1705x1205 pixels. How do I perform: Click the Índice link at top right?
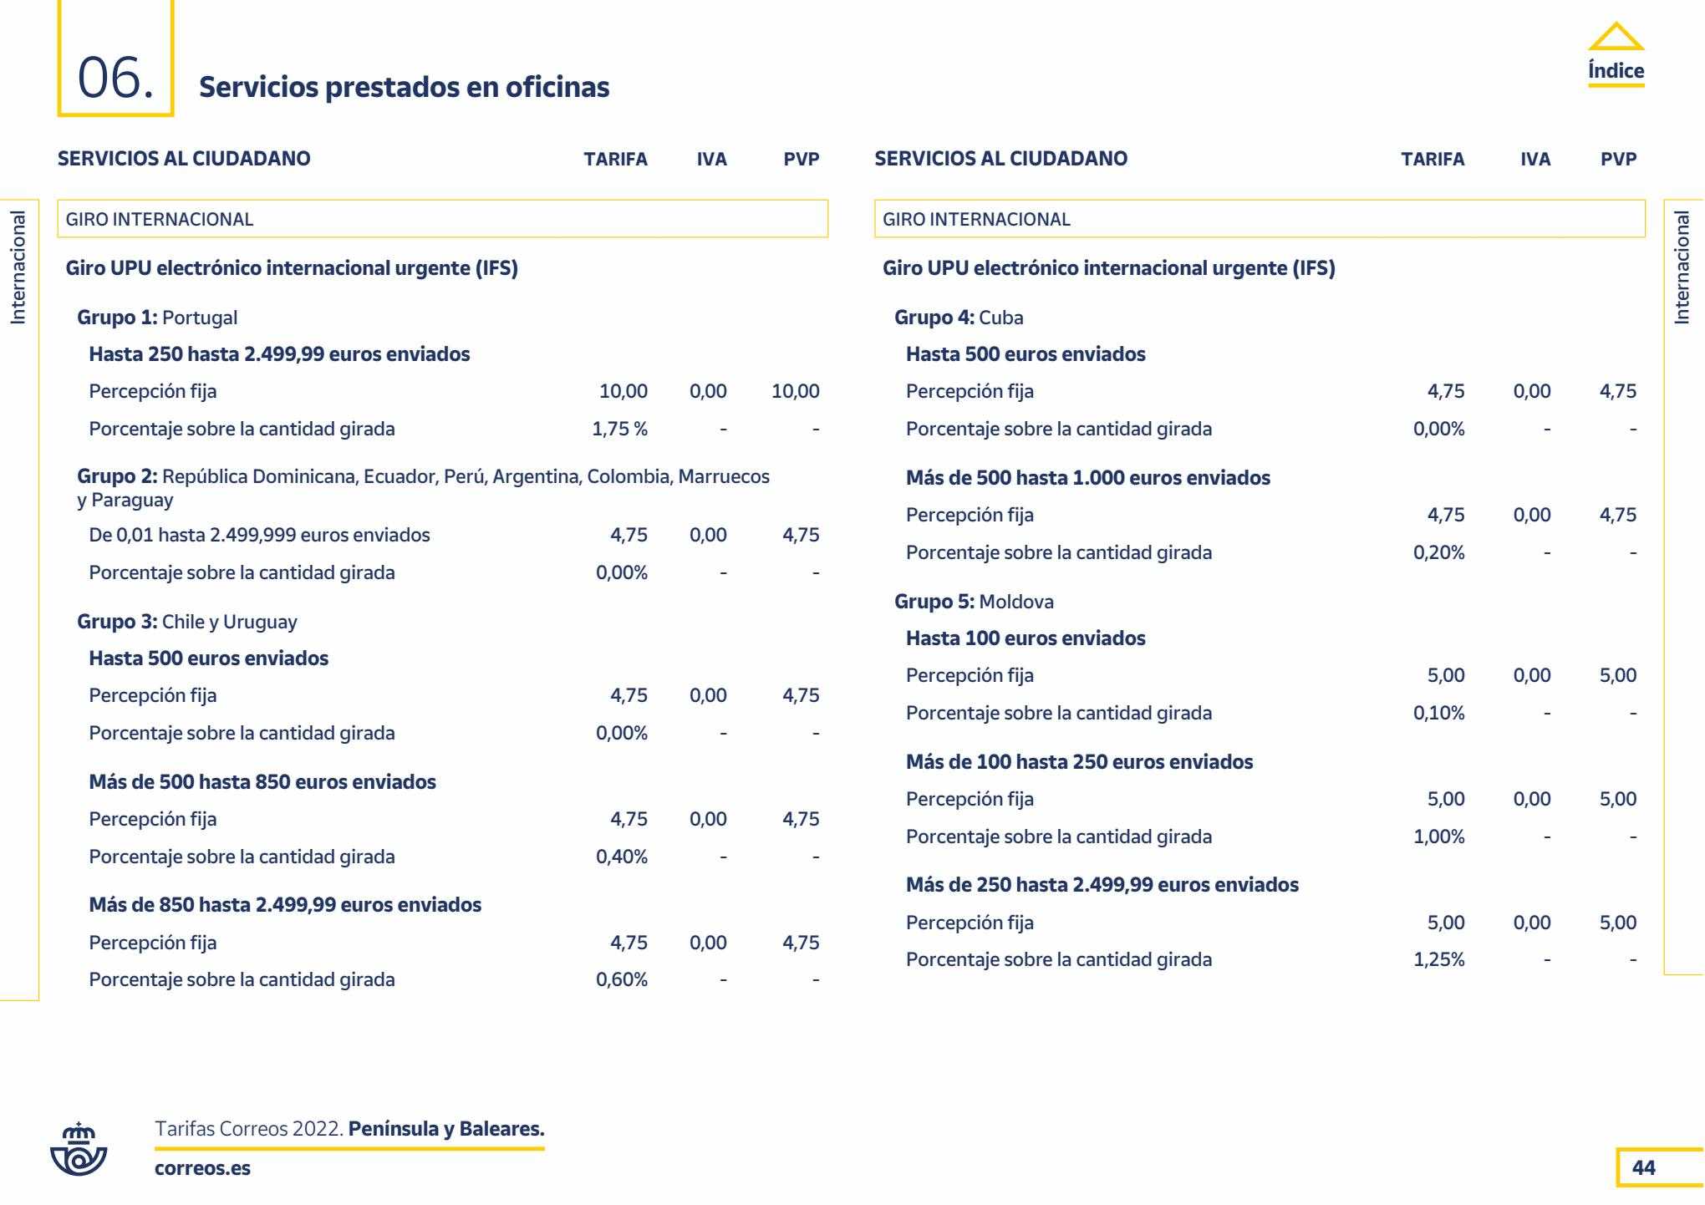coord(1616,70)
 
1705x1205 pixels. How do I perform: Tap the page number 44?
coord(1643,1167)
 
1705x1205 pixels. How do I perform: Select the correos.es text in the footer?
coord(202,1168)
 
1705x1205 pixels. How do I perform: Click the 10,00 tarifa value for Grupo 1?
coord(623,391)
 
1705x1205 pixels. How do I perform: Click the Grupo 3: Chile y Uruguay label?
coord(186,622)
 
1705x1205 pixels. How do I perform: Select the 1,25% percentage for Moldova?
coord(1438,959)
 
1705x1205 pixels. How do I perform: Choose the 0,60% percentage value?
coord(621,979)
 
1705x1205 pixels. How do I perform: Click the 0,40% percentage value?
coord(621,857)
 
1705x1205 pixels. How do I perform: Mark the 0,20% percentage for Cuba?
coord(1438,552)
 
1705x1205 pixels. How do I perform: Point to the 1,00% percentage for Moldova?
coord(1438,836)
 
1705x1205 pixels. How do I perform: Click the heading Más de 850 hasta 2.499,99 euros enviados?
coord(285,905)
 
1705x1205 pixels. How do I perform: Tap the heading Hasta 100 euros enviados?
coord(1026,638)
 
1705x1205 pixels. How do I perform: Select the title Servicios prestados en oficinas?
coord(405,87)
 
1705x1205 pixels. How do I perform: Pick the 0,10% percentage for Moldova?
coord(1438,713)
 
